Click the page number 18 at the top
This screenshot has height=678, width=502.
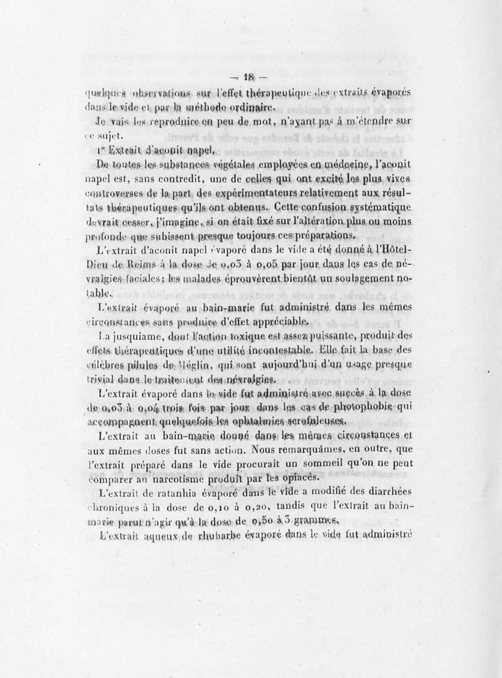click(250, 78)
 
